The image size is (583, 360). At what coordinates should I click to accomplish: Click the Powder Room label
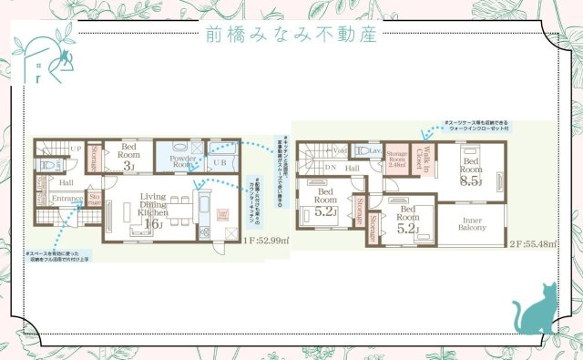pyautogui.click(x=184, y=160)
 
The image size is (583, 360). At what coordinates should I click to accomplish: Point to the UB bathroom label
pyautogui.click(x=219, y=162)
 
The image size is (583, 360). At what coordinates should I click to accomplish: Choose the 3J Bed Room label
pyautogui.click(x=128, y=155)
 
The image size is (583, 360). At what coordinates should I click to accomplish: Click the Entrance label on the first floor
pyautogui.click(x=67, y=198)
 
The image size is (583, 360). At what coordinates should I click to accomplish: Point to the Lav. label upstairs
pyautogui.click(x=373, y=150)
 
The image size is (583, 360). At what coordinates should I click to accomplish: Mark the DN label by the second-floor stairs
pyautogui.click(x=332, y=168)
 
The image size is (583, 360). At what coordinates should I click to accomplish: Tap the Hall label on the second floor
pyautogui.click(x=353, y=168)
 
